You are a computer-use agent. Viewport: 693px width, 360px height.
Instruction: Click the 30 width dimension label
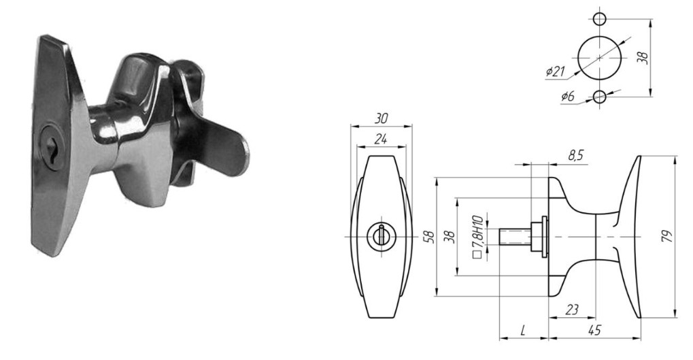point(381,118)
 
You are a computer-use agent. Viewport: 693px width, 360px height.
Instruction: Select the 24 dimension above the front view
point(381,140)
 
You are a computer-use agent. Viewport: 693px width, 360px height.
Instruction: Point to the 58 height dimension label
point(428,237)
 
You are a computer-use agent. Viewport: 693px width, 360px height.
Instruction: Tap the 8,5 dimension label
point(576,156)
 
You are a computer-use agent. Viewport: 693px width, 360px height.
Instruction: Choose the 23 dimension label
point(571,310)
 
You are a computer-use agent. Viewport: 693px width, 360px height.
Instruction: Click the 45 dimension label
point(594,330)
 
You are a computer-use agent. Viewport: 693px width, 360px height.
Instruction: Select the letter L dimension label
point(523,330)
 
